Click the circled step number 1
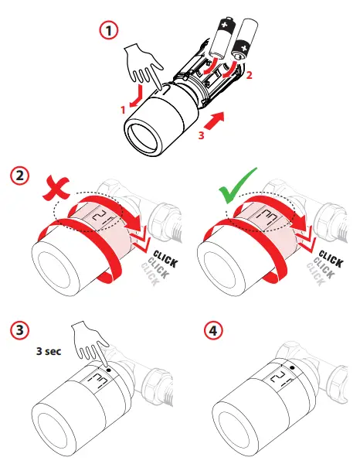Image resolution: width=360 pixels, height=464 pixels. coord(108,30)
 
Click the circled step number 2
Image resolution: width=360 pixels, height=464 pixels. coord(20,176)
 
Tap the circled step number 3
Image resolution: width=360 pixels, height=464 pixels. coord(20,330)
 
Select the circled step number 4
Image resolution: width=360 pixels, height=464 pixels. coord(213,330)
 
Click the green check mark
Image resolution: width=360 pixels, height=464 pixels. coord(237,186)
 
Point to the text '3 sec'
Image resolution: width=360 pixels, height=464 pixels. coord(49,351)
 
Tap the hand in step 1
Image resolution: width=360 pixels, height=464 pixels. coord(144,66)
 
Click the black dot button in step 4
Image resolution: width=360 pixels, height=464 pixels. coord(293,367)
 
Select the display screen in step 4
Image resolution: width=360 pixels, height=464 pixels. coord(277,378)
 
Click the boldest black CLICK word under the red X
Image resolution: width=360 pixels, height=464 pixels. coord(165,259)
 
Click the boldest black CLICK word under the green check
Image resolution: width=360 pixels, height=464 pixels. coord(331,259)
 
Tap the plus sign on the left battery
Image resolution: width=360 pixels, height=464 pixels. coord(225,25)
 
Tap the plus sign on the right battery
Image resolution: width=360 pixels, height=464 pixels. coord(243,48)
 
